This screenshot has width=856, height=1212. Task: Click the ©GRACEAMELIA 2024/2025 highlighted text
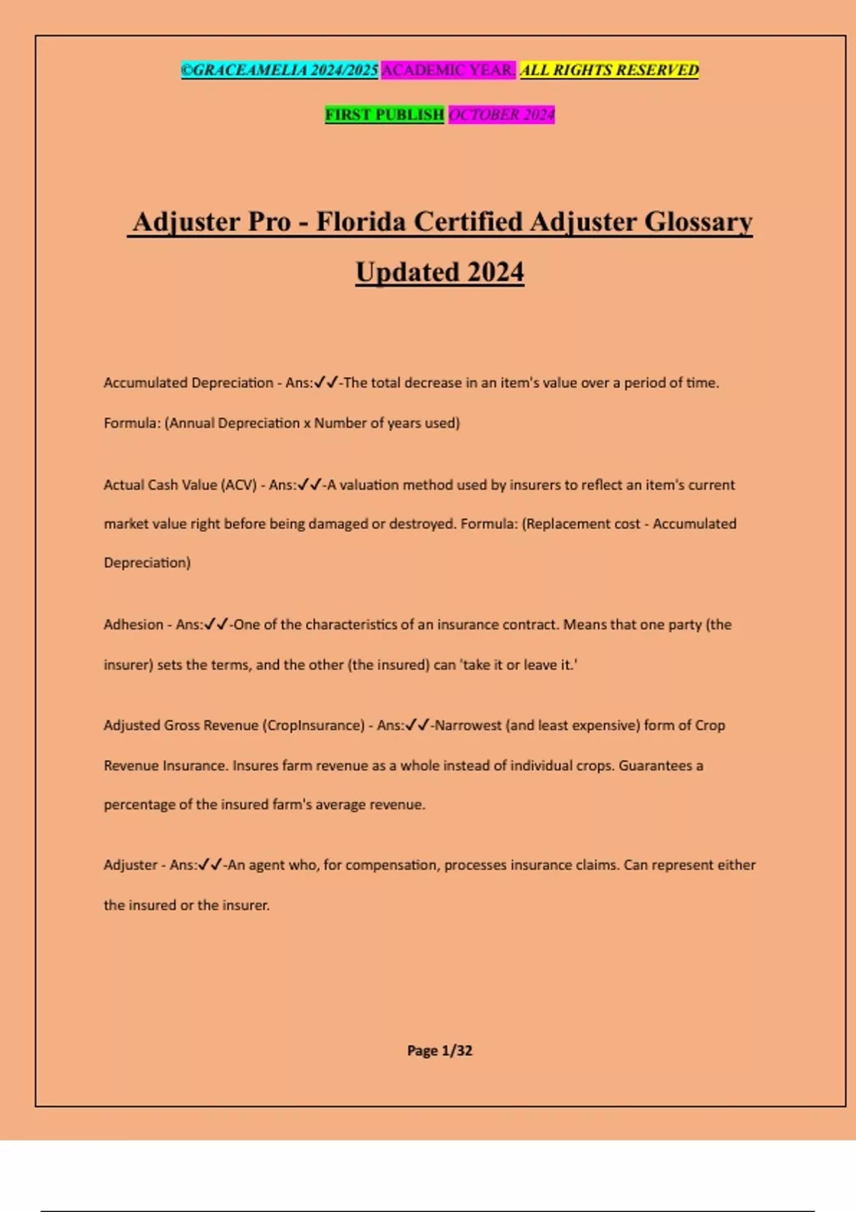coord(279,70)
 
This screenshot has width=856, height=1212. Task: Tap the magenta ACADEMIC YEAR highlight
coord(448,70)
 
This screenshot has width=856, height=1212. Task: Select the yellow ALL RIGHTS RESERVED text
coord(609,70)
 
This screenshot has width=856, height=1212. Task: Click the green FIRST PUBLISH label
coord(384,115)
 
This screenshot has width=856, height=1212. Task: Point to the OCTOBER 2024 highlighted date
coord(501,115)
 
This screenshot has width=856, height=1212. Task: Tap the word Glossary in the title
coord(698,222)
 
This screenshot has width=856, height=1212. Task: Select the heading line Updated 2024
coord(439,272)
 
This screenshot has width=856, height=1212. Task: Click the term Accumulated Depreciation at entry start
coord(188,383)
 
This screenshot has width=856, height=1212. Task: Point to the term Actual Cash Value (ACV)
coord(180,485)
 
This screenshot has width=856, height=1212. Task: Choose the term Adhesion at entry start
coord(133,625)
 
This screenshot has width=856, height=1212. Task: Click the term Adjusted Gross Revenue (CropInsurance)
coord(234,725)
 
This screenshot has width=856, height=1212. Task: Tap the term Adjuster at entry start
coord(131,865)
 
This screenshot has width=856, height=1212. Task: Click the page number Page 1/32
coord(439,1050)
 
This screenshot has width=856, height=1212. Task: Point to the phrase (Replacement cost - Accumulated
coord(628,524)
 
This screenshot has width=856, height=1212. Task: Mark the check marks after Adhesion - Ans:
coord(216,625)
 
